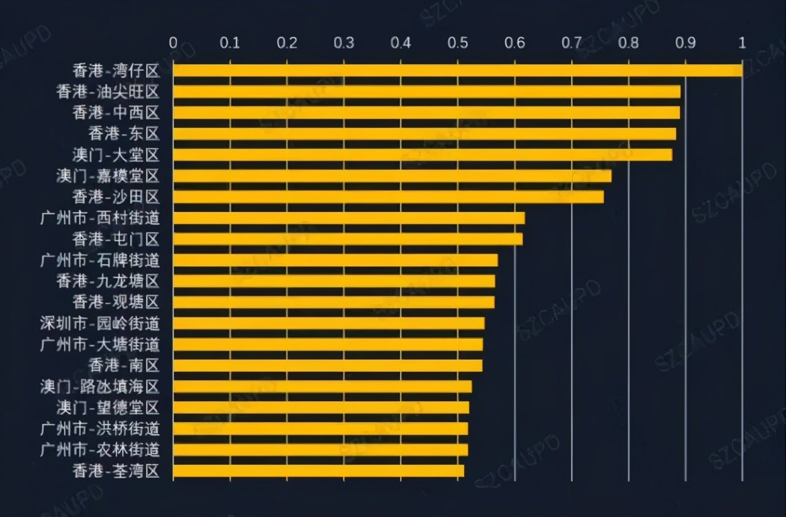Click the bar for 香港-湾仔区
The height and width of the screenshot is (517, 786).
[x=457, y=70]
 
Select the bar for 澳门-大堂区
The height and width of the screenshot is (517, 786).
[x=422, y=154]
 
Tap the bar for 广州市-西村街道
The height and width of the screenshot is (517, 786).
[x=349, y=218]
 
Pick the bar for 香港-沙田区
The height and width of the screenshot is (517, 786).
[x=388, y=197]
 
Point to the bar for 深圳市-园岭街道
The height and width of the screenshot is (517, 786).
[x=329, y=323]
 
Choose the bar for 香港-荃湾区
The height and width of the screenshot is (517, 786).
[x=318, y=471]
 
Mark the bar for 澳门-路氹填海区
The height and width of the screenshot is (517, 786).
[x=322, y=387]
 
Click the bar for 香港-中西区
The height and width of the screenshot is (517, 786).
[x=426, y=113]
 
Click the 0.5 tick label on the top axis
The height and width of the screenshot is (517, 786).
[x=457, y=43]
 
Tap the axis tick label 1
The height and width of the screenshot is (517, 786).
[x=742, y=43]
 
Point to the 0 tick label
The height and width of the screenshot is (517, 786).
[x=174, y=43]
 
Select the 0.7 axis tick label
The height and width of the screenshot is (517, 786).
[x=571, y=43]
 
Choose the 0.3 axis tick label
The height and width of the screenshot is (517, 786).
[x=344, y=43]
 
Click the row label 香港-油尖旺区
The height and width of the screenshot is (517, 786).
[x=107, y=92]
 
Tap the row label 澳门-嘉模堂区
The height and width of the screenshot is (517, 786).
[x=107, y=176]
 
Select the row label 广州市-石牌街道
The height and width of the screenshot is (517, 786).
[x=100, y=260]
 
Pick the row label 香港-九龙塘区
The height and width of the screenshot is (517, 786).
[x=107, y=282]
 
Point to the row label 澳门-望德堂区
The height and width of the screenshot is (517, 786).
[x=107, y=408]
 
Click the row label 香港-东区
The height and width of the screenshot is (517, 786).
[x=123, y=134]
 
